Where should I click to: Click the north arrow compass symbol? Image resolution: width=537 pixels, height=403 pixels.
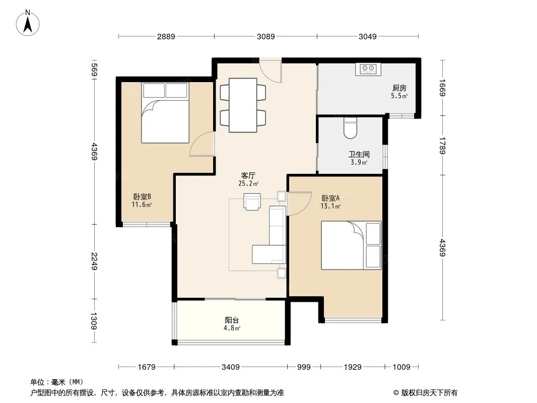click(28, 23)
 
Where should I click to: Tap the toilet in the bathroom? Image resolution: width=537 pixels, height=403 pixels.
click(350, 127)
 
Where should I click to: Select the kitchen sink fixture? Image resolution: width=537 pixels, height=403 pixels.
click(368, 69)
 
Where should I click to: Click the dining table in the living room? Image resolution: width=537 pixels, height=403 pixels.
click(243, 105)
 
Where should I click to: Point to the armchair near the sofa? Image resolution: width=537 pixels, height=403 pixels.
click(252, 201)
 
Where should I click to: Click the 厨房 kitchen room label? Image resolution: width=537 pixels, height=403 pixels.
click(399, 88)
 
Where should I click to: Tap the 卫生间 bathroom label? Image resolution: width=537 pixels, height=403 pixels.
click(359, 155)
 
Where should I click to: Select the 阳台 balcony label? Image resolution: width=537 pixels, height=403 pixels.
click(232, 320)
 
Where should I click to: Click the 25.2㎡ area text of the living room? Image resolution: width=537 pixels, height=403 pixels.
click(248, 183)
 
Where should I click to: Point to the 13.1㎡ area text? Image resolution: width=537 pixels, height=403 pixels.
click(330, 206)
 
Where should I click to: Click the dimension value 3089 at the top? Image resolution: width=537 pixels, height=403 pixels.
click(266, 36)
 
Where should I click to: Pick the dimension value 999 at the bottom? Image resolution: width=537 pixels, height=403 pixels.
click(304, 367)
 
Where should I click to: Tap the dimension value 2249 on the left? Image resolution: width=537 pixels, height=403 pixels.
click(95, 261)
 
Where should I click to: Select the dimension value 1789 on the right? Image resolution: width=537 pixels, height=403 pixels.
click(442, 146)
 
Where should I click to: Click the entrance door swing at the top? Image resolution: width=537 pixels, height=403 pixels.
click(270, 71)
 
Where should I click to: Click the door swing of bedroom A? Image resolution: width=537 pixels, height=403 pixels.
click(299, 204)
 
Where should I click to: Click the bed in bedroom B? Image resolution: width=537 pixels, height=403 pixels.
click(165, 112)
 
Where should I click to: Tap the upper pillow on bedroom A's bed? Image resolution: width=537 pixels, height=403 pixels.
click(373, 234)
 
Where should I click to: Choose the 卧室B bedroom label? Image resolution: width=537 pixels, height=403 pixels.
click(142, 197)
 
